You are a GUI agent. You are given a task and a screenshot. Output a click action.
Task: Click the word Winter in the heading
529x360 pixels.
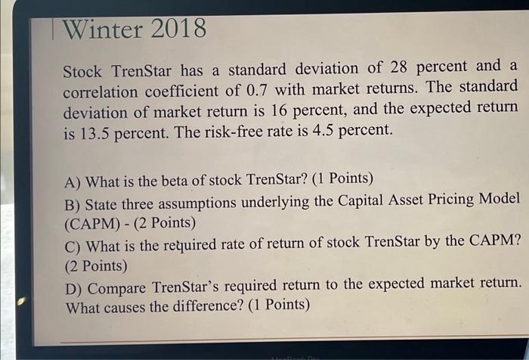point(102,29)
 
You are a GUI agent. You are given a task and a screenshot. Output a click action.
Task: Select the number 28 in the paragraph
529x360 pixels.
point(393,67)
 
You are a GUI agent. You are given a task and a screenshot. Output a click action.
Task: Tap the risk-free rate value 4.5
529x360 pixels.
point(320,129)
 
